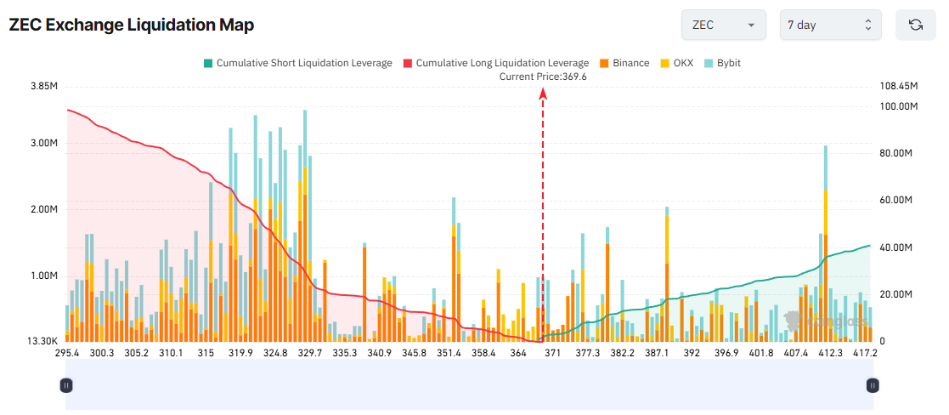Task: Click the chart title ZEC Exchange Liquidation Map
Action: point(132,26)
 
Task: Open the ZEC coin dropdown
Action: point(723,25)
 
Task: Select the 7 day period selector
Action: point(830,25)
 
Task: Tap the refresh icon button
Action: point(915,25)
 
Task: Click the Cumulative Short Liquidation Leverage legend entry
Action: point(297,63)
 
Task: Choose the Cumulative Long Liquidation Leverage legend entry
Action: point(495,63)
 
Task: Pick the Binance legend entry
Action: point(624,63)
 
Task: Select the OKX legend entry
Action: point(676,63)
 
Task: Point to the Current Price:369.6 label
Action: point(543,77)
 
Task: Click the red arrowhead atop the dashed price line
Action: point(543,94)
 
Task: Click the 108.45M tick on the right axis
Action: point(899,87)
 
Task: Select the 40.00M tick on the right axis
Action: point(896,247)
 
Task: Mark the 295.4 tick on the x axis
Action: point(67,353)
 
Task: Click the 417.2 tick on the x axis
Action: point(865,353)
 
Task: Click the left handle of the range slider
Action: point(66,385)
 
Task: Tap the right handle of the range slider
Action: point(872,385)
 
